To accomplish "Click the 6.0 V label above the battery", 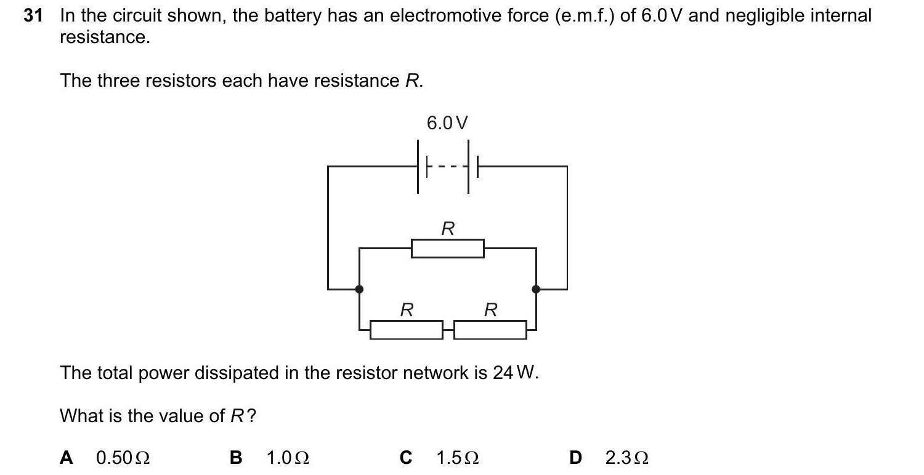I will pyautogui.click(x=447, y=123).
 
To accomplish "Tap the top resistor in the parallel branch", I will pyautogui.click(x=447, y=249).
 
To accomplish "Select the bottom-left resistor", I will pyautogui.click(x=406, y=330).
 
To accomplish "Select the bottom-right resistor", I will pyautogui.click(x=490, y=330).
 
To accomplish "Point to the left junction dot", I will pyautogui.click(x=359, y=289).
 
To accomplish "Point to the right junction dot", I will pyautogui.click(x=536, y=289).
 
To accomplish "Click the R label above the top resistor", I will pyautogui.click(x=448, y=229).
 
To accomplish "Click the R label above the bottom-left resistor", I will pyautogui.click(x=406, y=310).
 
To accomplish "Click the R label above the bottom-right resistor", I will pyautogui.click(x=490, y=310).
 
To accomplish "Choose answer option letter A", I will pyautogui.click(x=67, y=458).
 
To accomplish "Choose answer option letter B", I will pyautogui.click(x=236, y=458).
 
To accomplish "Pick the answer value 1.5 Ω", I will pyautogui.click(x=458, y=458).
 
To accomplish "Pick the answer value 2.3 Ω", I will pyautogui.click(x=626, y=458).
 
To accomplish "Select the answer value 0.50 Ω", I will pyautogui.click(x=123, y=458).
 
